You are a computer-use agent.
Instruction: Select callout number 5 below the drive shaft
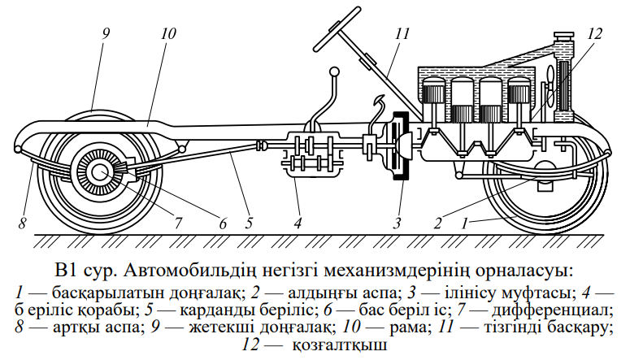[x=250, y=221]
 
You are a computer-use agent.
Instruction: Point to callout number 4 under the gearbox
[x=298, y=221]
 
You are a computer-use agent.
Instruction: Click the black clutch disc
[x=400, y=151]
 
